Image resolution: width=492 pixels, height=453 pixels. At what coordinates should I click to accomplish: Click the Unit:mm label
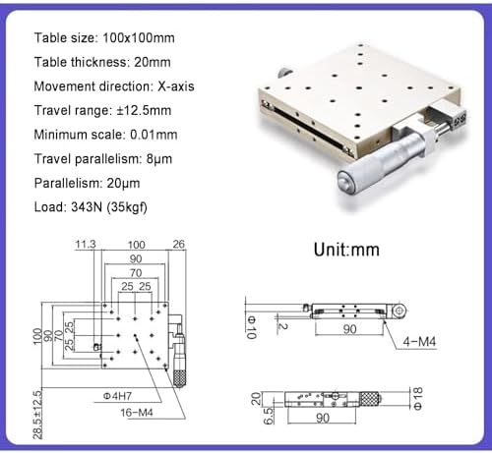tap(346, 250)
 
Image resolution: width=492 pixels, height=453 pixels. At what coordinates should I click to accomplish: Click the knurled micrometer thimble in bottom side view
tap(368, 399)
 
